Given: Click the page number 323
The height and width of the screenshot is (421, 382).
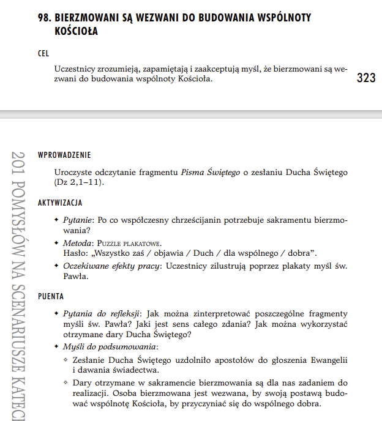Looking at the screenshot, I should coord(366,78).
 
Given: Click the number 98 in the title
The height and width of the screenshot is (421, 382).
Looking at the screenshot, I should coord(45,18).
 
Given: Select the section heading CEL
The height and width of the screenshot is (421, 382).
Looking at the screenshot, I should coord(43,54).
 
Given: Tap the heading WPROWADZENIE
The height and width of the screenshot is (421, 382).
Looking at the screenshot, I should coord(64,155).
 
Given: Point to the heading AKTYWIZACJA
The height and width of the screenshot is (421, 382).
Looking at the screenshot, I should coord(60,202).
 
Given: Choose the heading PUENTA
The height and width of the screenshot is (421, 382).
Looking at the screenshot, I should coord(51,296).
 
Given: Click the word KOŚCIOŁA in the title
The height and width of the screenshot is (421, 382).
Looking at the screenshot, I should coord(76,31).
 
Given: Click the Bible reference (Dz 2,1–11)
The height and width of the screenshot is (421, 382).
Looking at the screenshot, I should coord(79,183).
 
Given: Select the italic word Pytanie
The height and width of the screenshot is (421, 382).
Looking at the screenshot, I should coord(78,220).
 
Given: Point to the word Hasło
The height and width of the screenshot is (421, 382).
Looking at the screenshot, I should coord(75,253).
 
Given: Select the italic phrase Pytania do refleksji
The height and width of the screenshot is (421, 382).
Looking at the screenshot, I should coord(101,313).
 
